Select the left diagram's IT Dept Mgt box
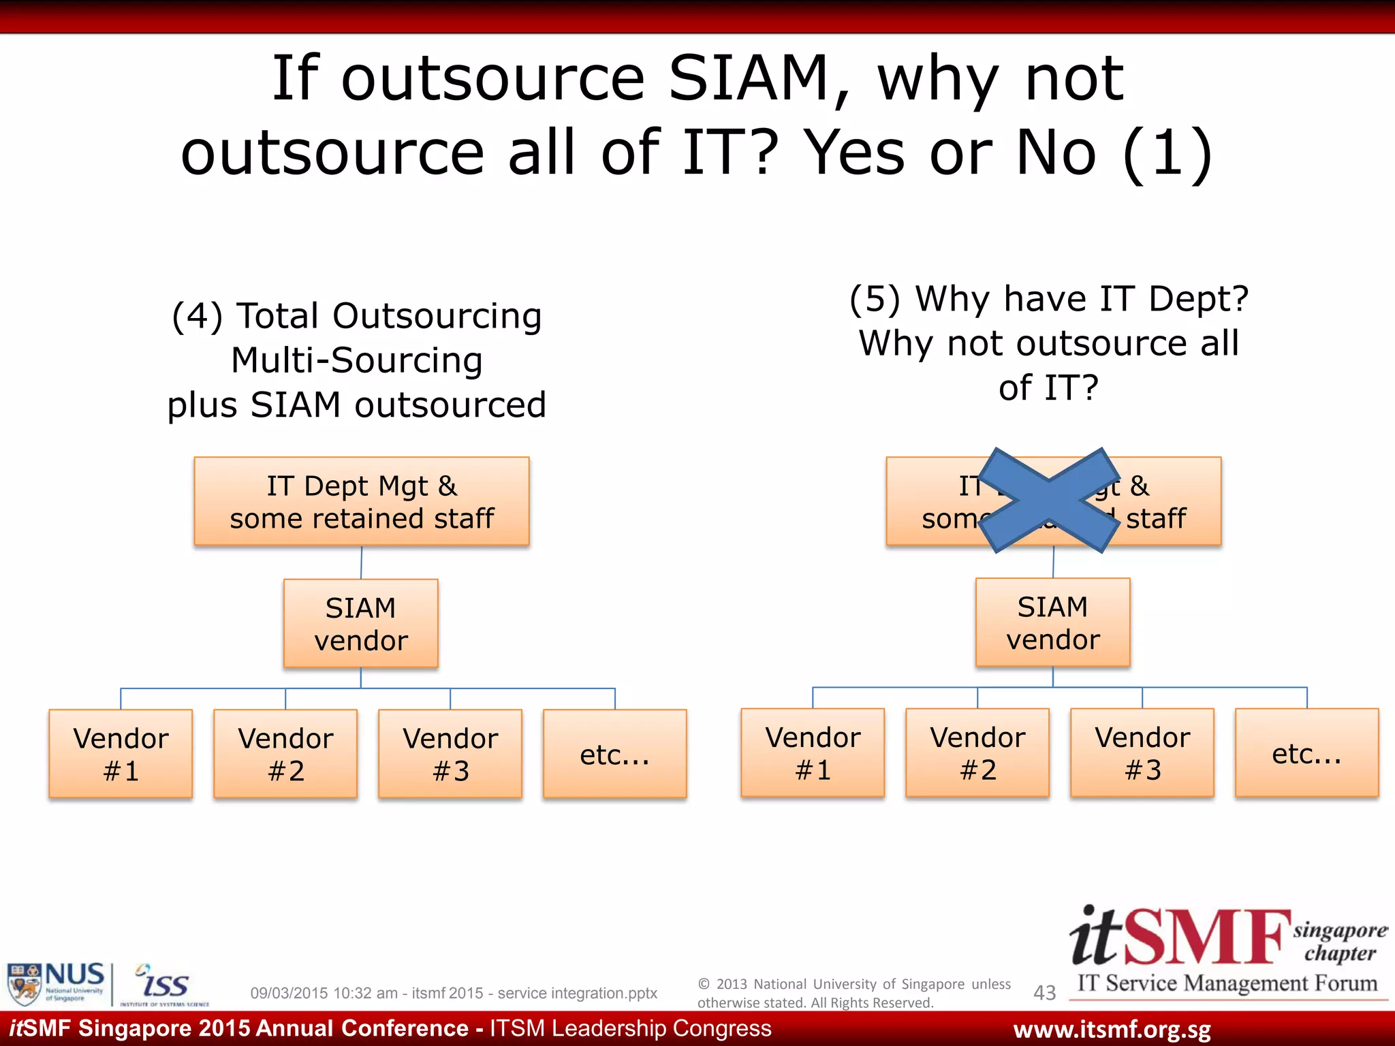click(362, 501)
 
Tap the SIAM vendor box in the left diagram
click(360, 623)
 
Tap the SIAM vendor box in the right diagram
click(1052, 622)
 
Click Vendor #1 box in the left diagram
click(121, 753)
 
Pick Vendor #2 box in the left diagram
click(285, 753)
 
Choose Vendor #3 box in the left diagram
click(450, 753)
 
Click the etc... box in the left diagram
click(614, 753)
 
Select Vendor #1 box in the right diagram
click(813, 752)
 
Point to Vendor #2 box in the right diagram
click(977, 752)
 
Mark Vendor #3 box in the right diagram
click(1142, 752)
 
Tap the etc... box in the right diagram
click(1306, 752)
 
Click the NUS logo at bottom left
click(56, 983)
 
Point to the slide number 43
click(1044, 993)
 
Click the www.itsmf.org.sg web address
click(1112, 1029)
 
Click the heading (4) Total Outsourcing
click(357, 316)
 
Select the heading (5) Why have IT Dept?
click(1049, 299)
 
